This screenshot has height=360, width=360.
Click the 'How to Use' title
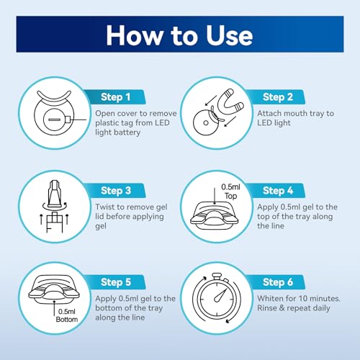click(x=179, y=35)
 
